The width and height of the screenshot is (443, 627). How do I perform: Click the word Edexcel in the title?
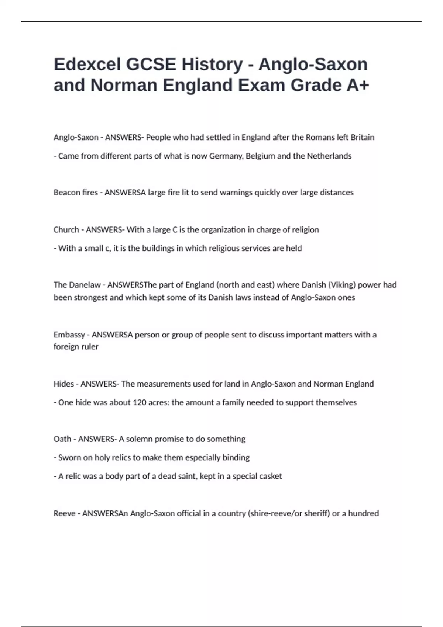[87, 64]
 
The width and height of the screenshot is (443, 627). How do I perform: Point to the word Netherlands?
[329, 156]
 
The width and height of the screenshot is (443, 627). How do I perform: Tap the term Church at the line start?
[66, 230]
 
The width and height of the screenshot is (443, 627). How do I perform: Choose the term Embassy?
[69, 335]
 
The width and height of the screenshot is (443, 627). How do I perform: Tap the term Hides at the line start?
[63, 384]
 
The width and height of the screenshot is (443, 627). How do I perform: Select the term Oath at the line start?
[62, 439]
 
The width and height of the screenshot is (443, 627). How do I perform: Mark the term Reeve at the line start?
[64, 513]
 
